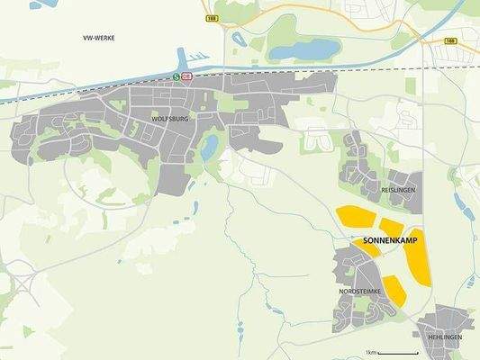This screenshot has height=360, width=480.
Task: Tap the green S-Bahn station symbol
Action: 176,77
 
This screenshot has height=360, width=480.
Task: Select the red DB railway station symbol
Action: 187,77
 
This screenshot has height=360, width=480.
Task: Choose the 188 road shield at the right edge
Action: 450,40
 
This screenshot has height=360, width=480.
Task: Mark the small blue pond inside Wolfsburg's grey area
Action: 209,146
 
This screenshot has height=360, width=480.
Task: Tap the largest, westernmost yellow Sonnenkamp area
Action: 355,216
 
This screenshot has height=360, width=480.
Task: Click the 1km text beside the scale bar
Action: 369,350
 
